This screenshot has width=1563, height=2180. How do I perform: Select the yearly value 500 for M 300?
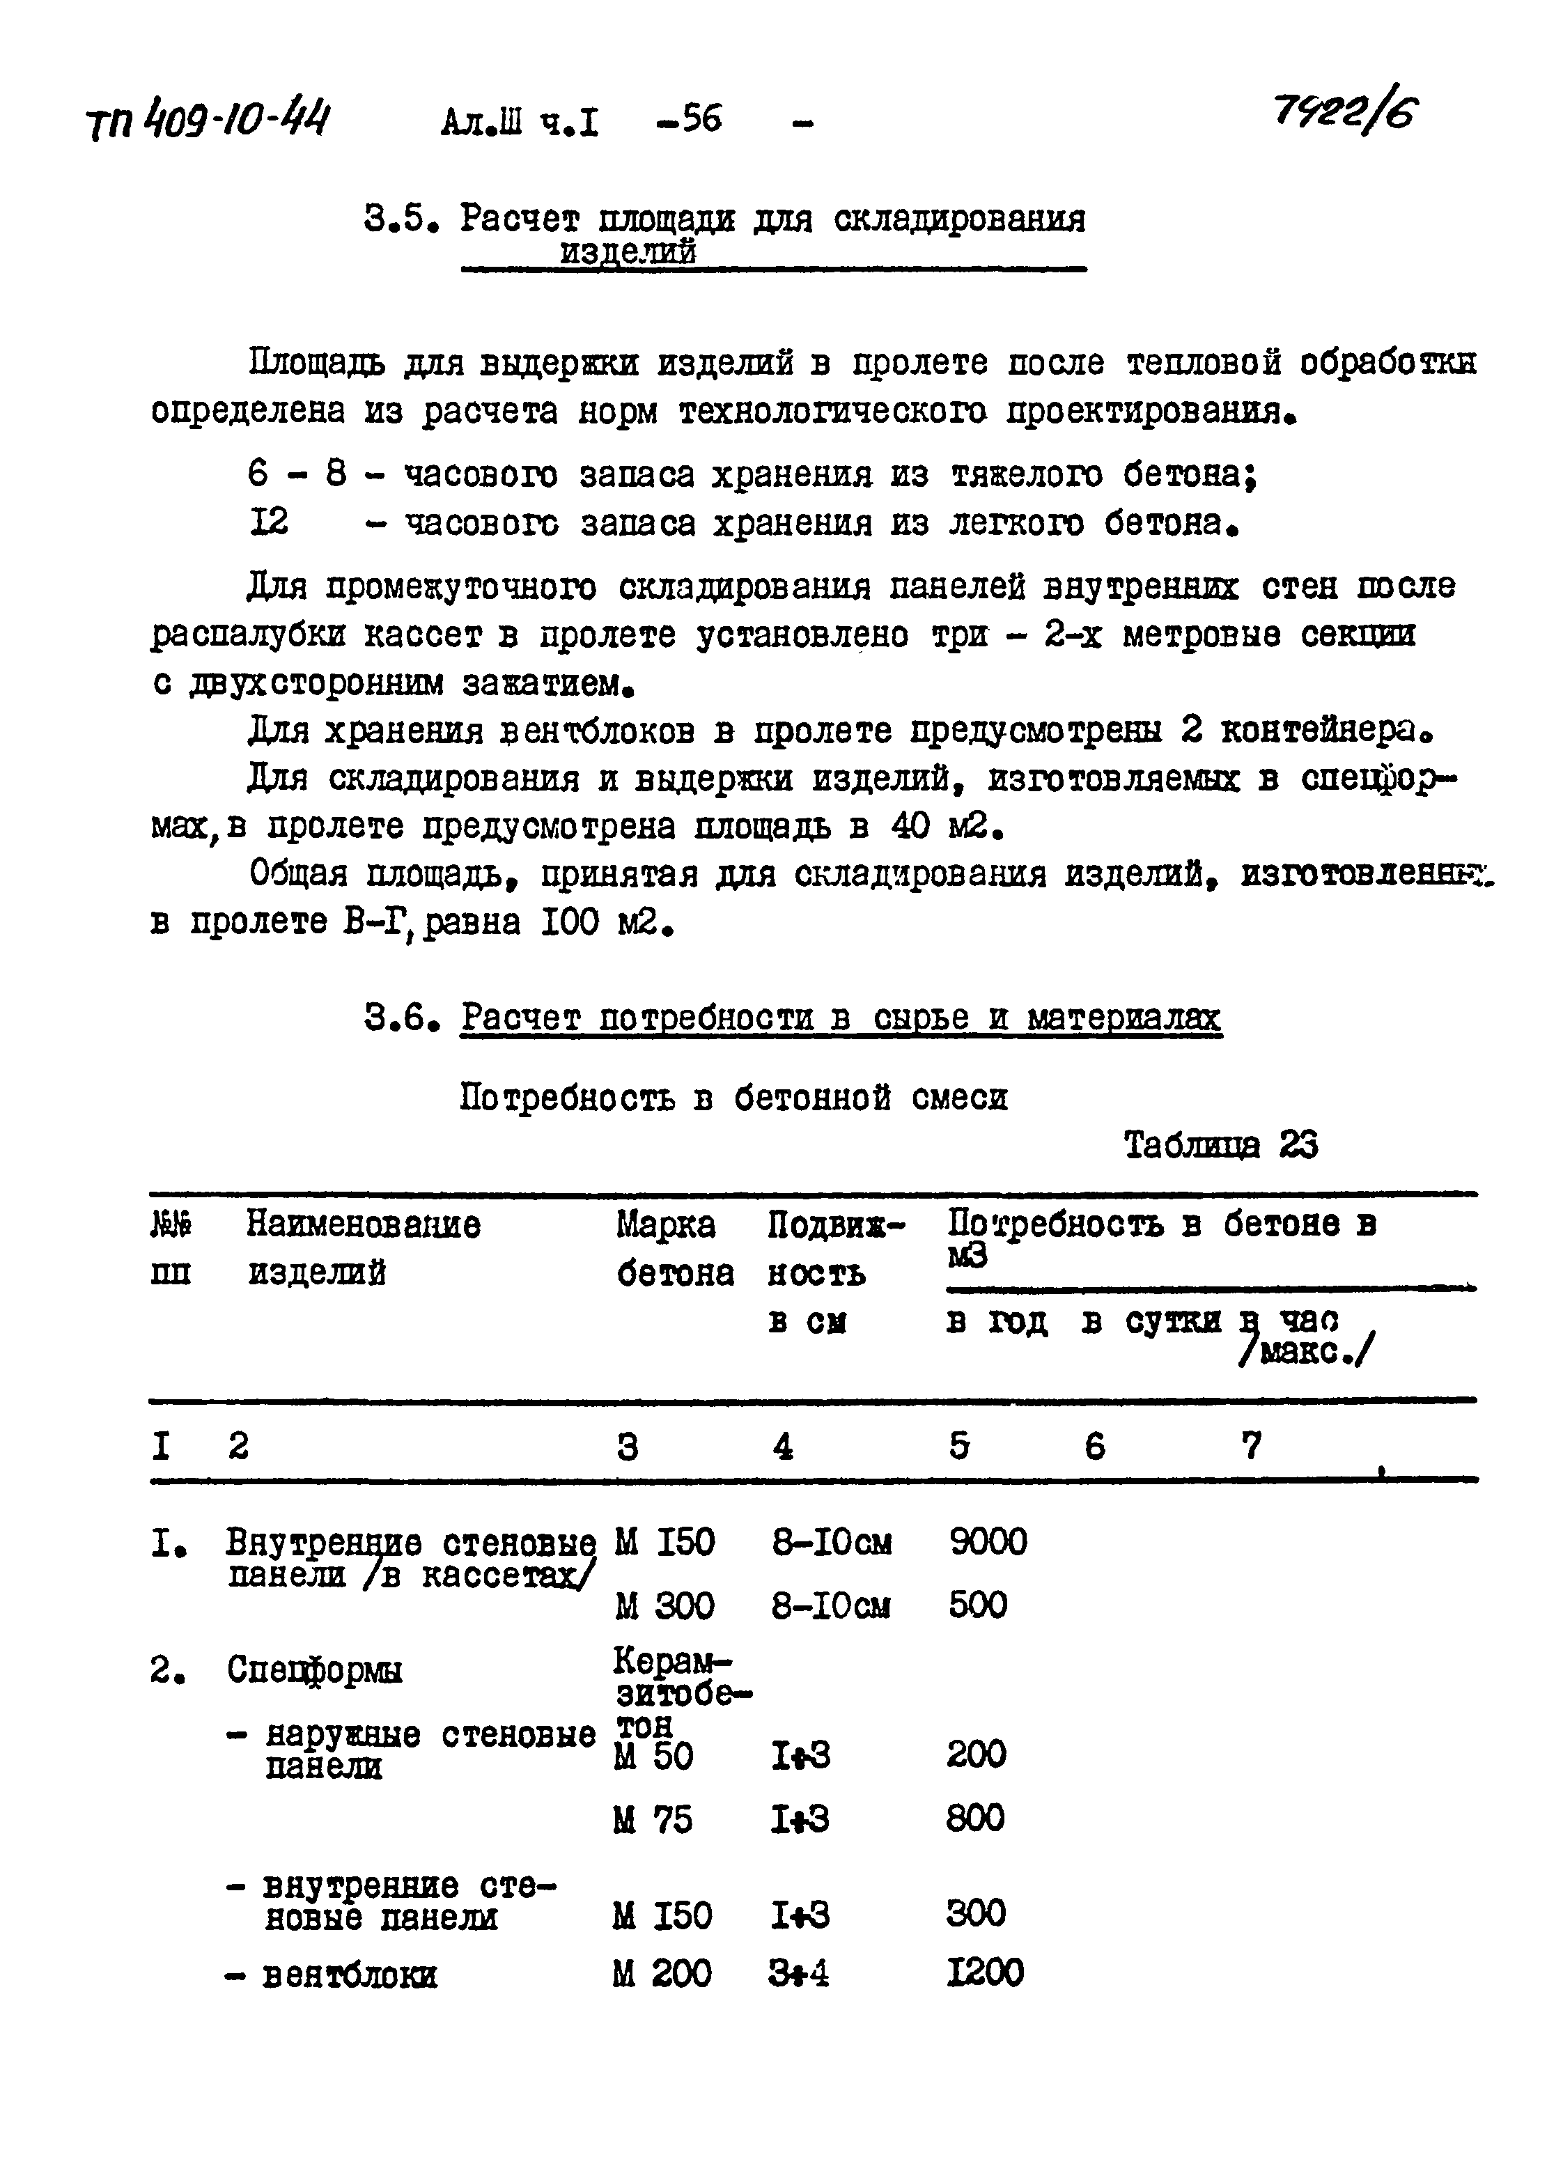coord(977,1605)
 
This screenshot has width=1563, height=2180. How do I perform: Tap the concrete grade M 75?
coord(653,1819)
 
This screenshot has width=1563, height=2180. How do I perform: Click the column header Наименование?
coord(364,1224)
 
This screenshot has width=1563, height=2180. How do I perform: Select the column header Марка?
coord(665,1224)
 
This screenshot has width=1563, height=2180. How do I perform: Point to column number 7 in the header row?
coord(1250,1445)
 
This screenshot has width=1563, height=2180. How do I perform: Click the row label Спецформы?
coord(314,1669)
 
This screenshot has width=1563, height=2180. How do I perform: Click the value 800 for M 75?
coord(974,1818)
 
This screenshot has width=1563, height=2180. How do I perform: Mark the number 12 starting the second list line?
coord(268,524)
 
